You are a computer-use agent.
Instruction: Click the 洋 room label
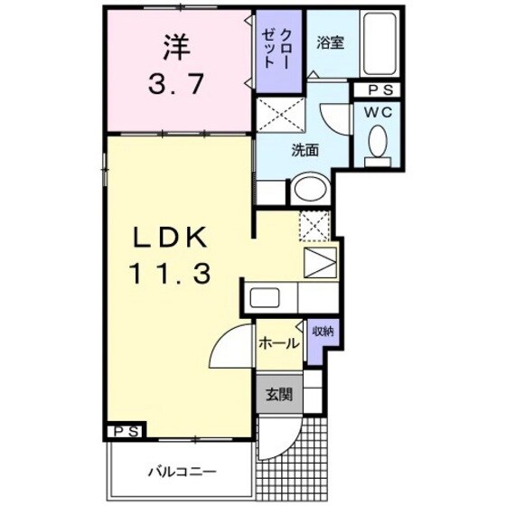pyautogui.click(x=176, y=44)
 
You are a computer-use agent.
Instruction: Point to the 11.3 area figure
pyautogui.click(x=172, y=271)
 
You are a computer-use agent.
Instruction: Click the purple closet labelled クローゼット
pyautogui.click(x=278, y=50)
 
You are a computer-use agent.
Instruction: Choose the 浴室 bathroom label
pyautogui.click(x=328, y=41)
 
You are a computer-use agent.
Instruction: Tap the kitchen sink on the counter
pyautogui.click(x=267, y=296)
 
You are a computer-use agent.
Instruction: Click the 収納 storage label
pyautogui.click(x=322, y=331)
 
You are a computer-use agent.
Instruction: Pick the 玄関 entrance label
pyautogui.click(x=278, y=394)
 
